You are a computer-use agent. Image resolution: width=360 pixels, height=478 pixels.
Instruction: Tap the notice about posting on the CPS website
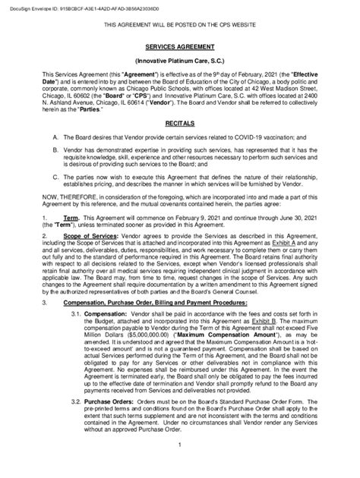click(x=180, y=25)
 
